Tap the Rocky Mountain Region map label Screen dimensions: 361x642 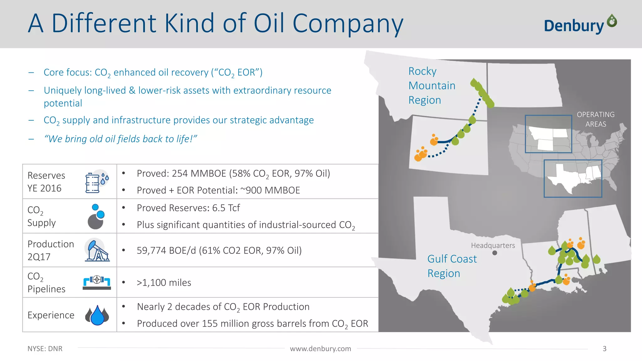tap(431, 86)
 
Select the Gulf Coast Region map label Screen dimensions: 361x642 tap(451, 266)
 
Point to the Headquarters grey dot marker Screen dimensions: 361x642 tap(495, 253)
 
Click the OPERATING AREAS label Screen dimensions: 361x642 tap(596, 119)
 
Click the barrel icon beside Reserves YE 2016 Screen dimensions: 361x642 tap(93, 183)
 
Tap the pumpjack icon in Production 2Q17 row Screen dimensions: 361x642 tap(97, 250)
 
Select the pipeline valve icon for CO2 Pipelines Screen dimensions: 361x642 tap(97, 282)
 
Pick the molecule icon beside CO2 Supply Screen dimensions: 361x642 tap(96, 217)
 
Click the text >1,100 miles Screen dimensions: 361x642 tap(164, 283)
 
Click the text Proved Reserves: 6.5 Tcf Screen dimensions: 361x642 tap(188, 208)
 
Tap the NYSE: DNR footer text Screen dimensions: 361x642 tap(45, 349)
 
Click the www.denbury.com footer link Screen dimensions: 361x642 tap(320, 349)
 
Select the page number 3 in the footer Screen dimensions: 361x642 tap(604, 349)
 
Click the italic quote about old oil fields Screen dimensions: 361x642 tap(120, 139)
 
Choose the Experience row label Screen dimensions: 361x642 tap(51, 315)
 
